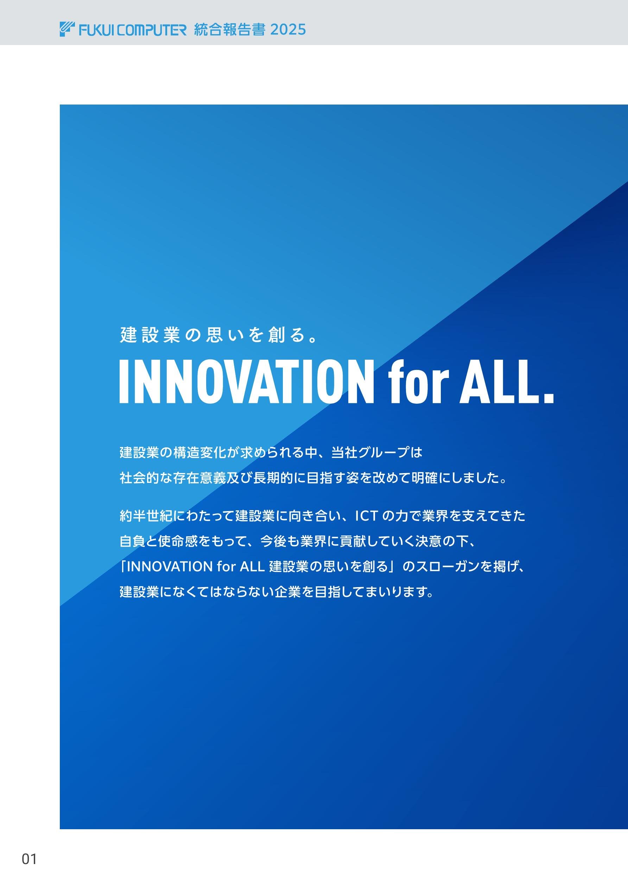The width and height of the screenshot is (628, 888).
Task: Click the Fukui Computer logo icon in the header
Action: point(67,30)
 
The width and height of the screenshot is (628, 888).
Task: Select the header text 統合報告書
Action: point(229,30)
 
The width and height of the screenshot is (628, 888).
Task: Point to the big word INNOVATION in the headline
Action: point(247,382)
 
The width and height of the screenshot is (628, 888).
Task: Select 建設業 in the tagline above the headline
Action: point(151,335)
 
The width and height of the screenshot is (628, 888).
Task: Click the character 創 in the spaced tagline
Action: point(277,335)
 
